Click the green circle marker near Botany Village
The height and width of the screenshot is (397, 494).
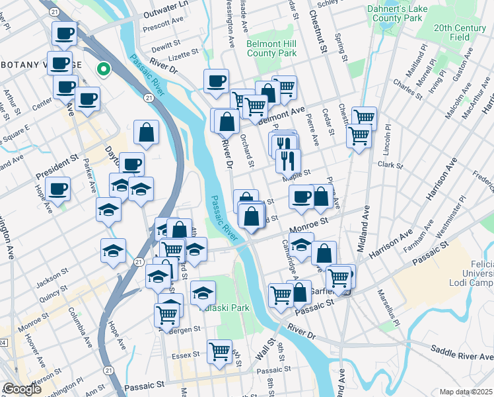point(104,68)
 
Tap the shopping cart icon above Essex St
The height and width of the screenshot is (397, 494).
point(219,351)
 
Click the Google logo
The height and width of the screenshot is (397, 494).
point(21,389)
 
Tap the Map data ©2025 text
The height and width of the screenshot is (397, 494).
point(466,392)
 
